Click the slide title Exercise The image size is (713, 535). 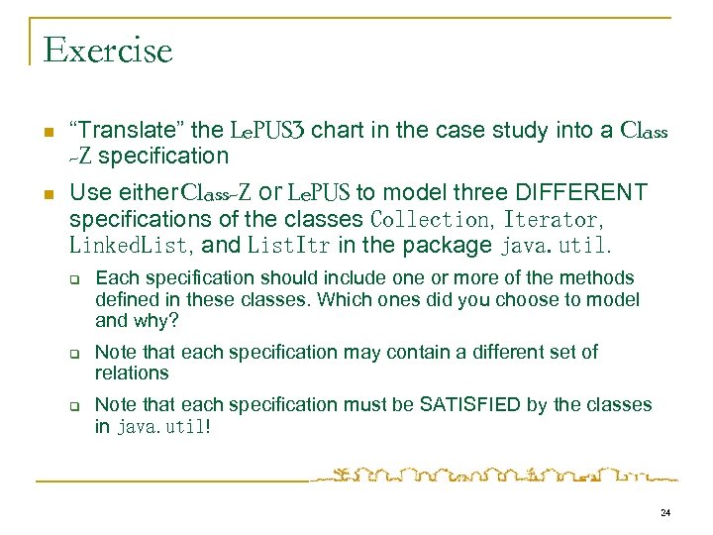[x=108, y=49]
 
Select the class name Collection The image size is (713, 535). [x=429, y=218]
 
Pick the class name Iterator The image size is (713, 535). [x=553, y=218]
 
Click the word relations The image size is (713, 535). [x=132, y=374]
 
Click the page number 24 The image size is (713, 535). [x=663, y=512]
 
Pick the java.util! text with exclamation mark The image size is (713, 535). [x=163, y=426]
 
